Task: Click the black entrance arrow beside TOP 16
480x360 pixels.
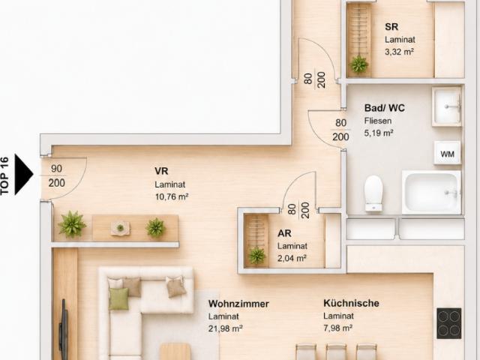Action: pos(23,174)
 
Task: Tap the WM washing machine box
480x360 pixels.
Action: pos(447,153)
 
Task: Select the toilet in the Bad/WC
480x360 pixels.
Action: pos(373,193)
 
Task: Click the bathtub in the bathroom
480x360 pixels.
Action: pos(431,193)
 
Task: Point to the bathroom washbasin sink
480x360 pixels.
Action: pos(447,106)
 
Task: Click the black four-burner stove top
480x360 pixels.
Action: pos(448,323)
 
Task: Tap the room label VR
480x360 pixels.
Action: pos(161,171)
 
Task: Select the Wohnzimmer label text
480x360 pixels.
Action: pos(238,304)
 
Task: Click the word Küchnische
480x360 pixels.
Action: pos(352,303)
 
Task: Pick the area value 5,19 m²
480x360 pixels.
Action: pos(379,133)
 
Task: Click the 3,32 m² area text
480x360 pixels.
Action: pos(400,52)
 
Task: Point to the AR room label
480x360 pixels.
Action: pos(284,233)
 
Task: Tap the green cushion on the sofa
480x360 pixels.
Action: pos(118,298)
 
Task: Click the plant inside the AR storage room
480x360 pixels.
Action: pos(256,256)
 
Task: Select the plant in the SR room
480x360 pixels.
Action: pos(358,64)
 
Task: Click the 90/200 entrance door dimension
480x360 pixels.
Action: pos(57,175)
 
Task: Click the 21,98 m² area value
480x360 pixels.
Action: pos(226,328)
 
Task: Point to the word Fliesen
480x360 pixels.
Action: pos(378,121)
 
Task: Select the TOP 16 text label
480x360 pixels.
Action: pos(5,175)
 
